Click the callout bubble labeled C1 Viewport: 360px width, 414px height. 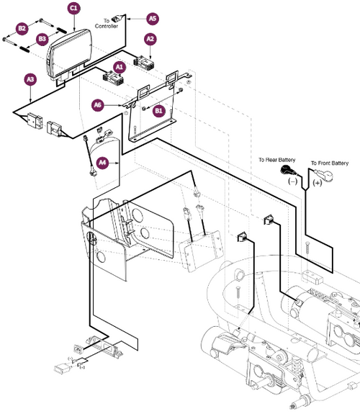pos(74,8)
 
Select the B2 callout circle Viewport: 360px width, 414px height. pos(22,27)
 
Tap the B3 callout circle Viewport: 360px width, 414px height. pos(43,37)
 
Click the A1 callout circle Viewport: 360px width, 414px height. pos(120,66)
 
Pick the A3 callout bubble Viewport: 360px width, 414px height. pos(30,78)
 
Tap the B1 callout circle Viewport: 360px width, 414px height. pos(160,110)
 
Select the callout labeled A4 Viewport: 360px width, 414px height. pos(103,163)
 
